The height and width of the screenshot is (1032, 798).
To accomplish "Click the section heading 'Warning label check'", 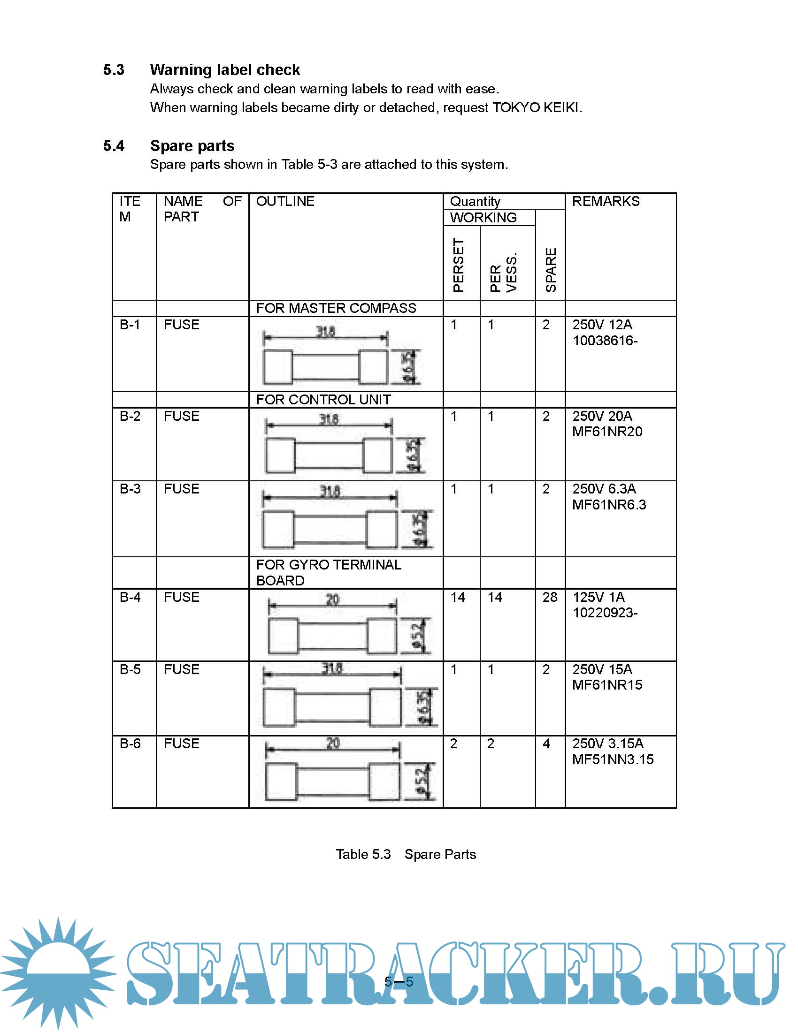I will [224, 70].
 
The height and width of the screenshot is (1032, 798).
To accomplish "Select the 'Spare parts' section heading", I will [192, 146].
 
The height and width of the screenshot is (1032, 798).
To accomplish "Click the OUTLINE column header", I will [285, 201].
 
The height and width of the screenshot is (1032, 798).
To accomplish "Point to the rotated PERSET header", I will [458, 265].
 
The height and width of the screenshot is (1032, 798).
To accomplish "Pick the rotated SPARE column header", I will [551, 269].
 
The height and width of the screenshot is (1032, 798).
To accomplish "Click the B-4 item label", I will [130, 597].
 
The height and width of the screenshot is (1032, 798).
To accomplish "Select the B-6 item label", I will [130, 744].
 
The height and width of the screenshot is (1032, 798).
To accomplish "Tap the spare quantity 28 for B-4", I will [550, 597].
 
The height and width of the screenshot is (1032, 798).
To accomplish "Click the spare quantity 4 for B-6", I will [546, 744].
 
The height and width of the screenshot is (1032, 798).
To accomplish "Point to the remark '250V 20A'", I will [602, 416].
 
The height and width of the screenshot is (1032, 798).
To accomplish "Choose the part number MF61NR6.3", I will [609, 505].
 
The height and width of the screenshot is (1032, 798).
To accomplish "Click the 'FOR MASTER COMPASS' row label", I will [336, 308].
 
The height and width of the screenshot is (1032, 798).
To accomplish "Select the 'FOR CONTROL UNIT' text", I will [323, 400].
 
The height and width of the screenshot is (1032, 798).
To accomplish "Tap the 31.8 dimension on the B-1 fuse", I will [326, 332].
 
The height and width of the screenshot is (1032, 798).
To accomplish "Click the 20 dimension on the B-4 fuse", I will [332, 599].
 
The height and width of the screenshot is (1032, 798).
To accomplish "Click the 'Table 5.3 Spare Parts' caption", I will [406, 854].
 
